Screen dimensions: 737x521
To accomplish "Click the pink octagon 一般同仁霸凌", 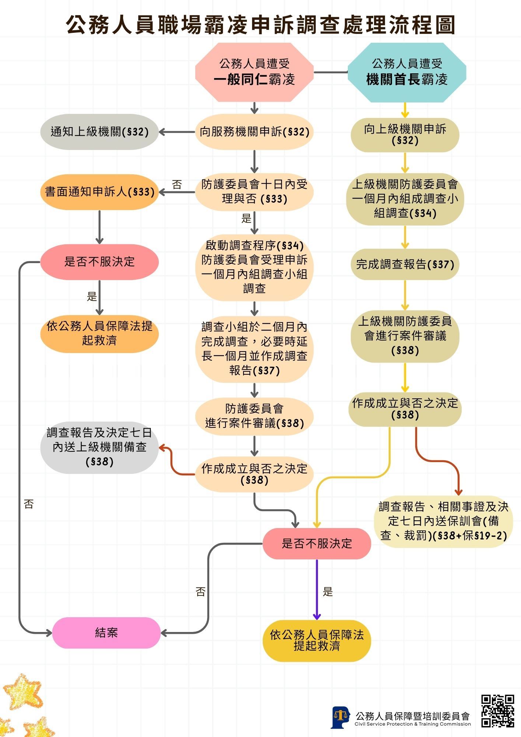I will [x=254, y=72].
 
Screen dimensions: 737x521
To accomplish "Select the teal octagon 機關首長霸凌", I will [x=407, y=72].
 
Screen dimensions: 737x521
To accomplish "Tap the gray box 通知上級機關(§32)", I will [x=99, y=132].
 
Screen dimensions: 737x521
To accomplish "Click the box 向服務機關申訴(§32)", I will [x=254, y=132].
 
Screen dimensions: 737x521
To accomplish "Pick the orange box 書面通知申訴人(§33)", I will [x=99, y=192].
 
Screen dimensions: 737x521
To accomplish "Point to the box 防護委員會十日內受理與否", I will [x=254, y=192].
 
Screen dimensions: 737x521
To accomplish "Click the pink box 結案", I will [x=106, y=633].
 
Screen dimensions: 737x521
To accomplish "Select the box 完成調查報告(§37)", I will [x=405, y=264].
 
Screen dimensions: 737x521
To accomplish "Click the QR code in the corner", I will [x=497, y=711].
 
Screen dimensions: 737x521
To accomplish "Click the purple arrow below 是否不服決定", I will [x=317, y=590].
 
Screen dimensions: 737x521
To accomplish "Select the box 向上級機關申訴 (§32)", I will [x=405, y=135].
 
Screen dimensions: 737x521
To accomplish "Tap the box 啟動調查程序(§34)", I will [x=254, y=267].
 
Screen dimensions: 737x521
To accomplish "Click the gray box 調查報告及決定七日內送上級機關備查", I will [x=99, y=447].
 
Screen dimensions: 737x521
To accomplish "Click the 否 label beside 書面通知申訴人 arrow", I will [x=177, y=185].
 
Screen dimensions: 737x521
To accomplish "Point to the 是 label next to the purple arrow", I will [x=328, y=592].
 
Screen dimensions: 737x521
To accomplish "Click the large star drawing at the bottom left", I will [x=23, y=692].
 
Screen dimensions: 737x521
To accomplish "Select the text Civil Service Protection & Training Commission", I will [x=413, y=724].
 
